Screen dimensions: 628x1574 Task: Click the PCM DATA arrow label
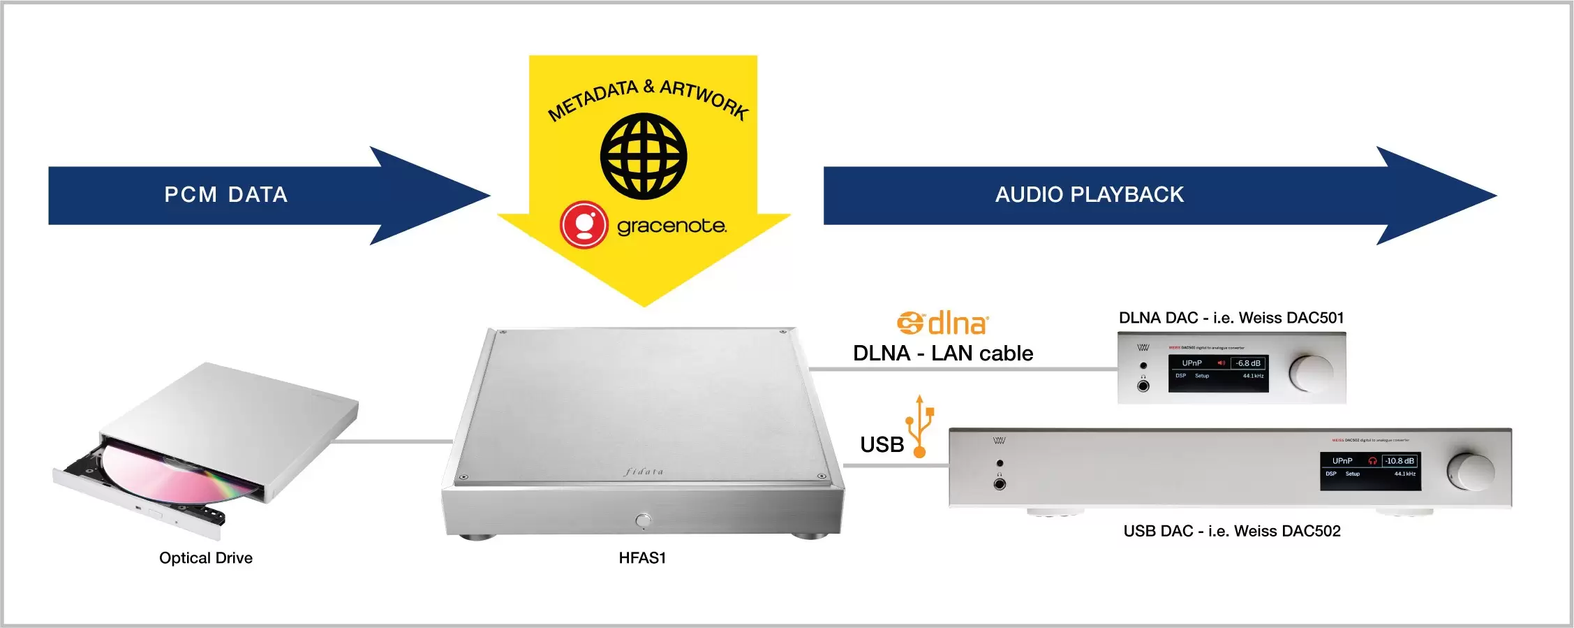pyautogui.click(x=225, y=195)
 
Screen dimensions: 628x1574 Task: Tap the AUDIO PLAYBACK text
pyautogui.click(x=1089, y=195)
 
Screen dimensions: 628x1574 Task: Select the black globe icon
pyautogui.click(x=644, y=156)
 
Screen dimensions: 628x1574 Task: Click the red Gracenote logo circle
pyautogui.click(x=584, y=225)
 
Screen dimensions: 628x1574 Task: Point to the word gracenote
pyautogui.click(x=671, y=226)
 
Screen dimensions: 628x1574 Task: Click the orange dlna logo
pyautogui.click(x=943, y=323)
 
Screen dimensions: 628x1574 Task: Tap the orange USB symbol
pyautogui.click(x=920, y=426)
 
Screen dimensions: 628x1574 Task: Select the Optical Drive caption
pyautogui.click(x=206, y=557)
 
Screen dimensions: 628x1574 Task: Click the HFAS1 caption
pyautogui.click(x=642, y=557)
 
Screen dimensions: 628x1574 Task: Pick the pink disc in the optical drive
pyautogui.click(x=175, y=475)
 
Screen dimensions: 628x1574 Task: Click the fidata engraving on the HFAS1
pyautogui.click(x=644, y=472)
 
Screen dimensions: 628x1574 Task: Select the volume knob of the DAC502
pyautogui.click(x=1470, y=472)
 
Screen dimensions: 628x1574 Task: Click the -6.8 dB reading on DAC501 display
pyautogui.click(x=1247, y=363)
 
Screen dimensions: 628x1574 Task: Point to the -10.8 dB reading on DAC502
pyautogui.click(x=1399, y=461)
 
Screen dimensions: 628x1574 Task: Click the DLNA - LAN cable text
pyautogui.click(x=943, y=353)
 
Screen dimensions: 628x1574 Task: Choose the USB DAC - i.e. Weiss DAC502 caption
pyautogui.click(x=1232, y=531)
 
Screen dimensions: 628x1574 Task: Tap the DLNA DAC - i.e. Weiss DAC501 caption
pyautogui.click(x=1231, y=318)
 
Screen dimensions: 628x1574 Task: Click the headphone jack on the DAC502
pyautogui.click(x=1000, y=483)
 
